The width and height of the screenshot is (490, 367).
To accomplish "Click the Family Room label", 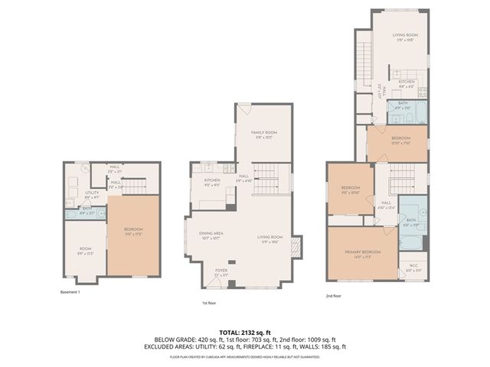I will coord(263,134).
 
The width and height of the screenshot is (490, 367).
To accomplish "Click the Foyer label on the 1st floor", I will coord(220,270).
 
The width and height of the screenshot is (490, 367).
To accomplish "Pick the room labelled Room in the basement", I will coord(85,249).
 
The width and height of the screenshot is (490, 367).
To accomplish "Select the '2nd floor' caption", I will coord(335,295).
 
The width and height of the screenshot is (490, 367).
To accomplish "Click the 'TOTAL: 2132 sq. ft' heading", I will coord(244,333).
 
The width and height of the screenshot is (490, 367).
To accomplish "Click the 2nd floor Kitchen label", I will coord(406,82).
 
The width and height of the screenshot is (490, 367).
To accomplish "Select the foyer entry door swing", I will coord(230,284).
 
